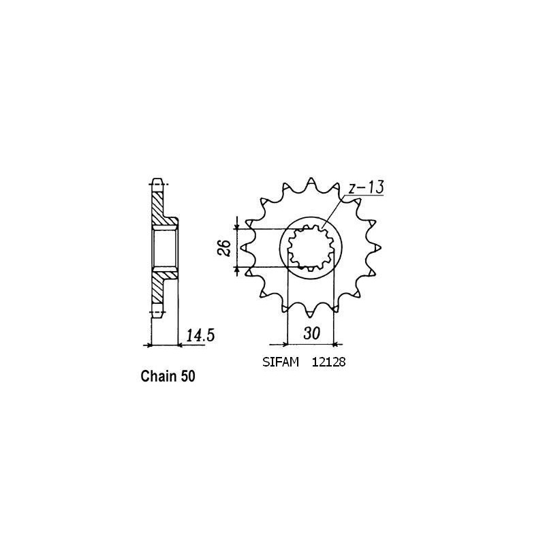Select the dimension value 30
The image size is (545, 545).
[x=312, y=334]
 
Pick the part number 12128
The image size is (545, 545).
[x=330, y=364]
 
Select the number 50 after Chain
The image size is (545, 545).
[x=189, y=376]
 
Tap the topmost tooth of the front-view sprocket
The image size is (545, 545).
[x=311, y=183]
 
